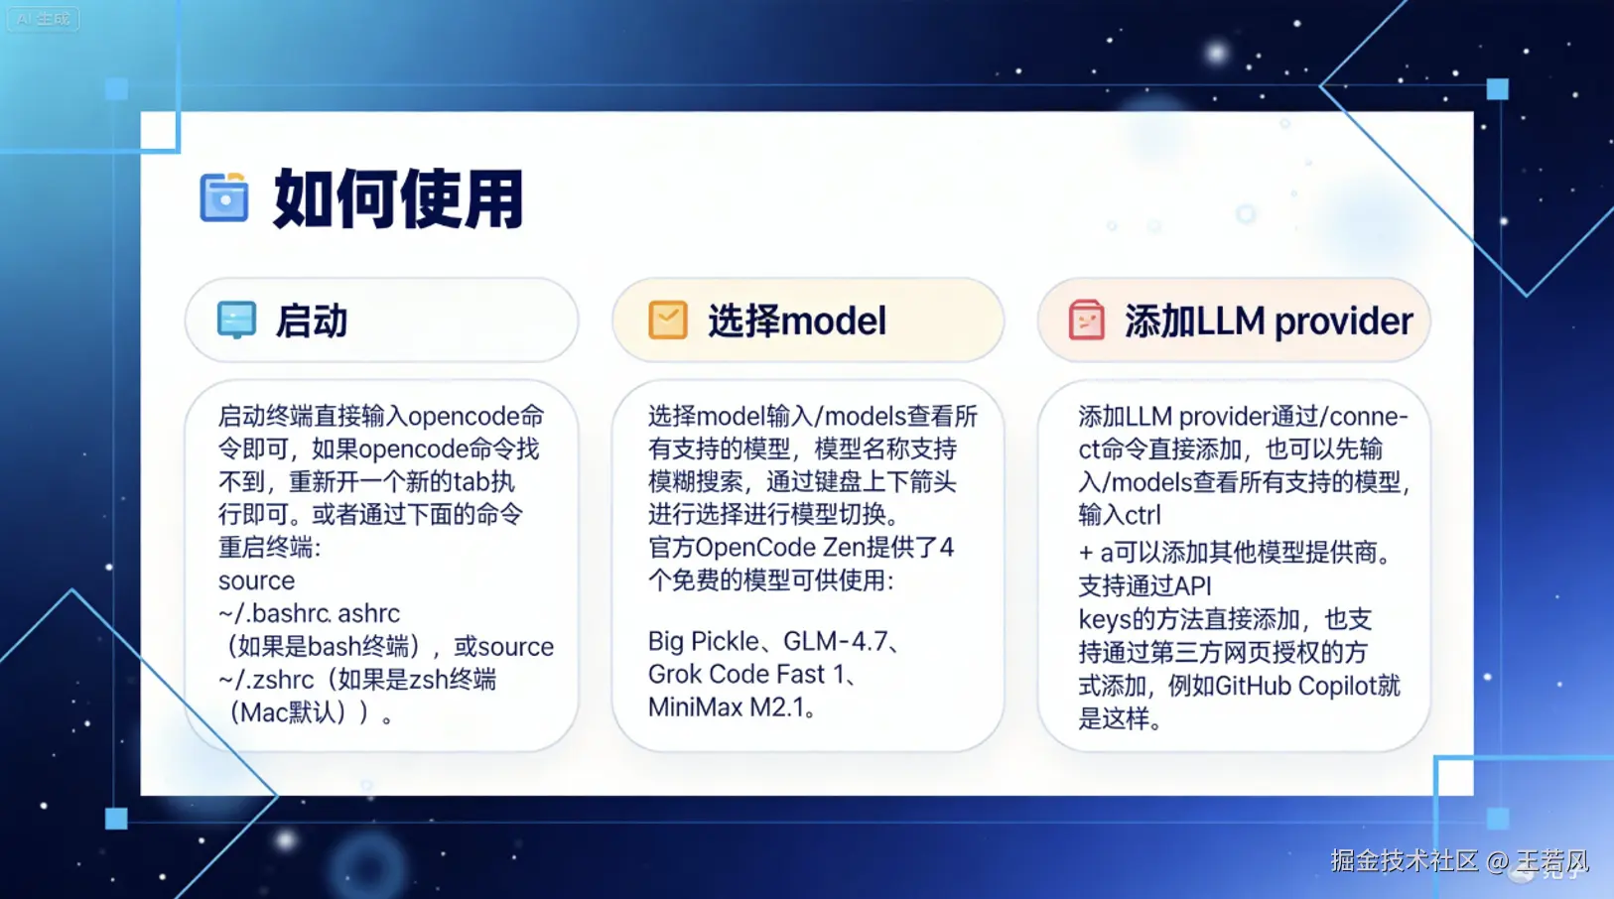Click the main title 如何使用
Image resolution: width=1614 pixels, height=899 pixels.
click(x=398, y=198)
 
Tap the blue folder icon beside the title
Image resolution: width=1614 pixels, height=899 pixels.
click(x=224, y=196)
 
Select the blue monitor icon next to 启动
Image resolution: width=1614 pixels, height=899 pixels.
click(x=236, y=320)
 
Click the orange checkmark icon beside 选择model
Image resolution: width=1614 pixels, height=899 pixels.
click(x=668, y=320)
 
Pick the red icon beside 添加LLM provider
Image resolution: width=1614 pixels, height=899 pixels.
click(x=1087, y=320)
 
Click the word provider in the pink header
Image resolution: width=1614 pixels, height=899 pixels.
click(x=1343, y=321)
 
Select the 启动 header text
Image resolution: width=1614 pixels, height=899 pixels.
click(x=312, y=321)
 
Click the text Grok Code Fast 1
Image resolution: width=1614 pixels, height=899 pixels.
click(x=745, y=675)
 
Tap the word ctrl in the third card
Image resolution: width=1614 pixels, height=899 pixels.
click(x=1143, y=515)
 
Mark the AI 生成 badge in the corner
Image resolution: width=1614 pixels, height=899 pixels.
click(x=44, y=19)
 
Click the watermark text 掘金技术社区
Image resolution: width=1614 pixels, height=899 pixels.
click(x=1404, y=861)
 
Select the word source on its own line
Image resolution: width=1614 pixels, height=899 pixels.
click(x=256, y=580)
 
